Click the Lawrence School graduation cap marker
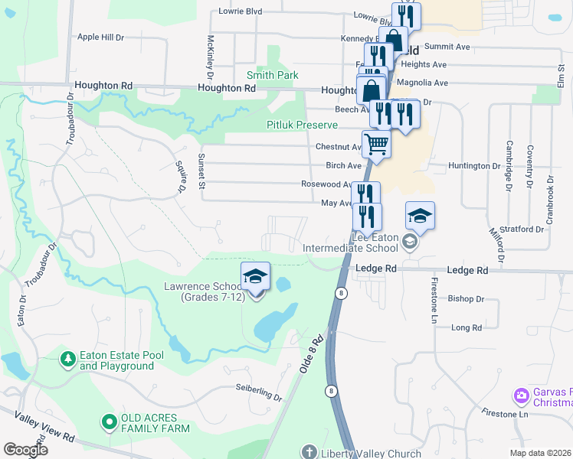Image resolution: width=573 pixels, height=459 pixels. (x=256, y=277)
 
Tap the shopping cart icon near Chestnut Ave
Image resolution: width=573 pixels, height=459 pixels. (x=376, y=142)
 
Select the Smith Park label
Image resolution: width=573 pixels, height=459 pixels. (x=272, y=75)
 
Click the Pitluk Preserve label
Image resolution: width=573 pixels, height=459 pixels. (x=302, y=125)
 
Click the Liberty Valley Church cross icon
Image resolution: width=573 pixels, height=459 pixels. (x=309, y=453)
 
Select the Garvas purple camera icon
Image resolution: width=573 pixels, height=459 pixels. (x=521, y=396)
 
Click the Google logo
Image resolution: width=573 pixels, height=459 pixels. (x=25, y=450)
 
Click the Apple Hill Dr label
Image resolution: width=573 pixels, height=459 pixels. (x=100, y=37)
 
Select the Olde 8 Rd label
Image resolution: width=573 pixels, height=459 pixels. (x=312, y=354)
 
